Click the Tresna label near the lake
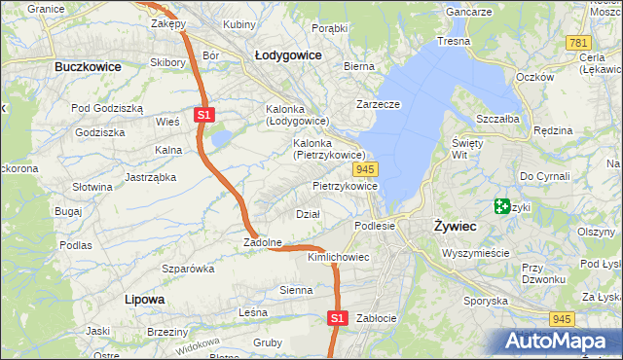pos(453,42)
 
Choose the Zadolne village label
pos(263,242)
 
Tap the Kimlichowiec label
pos(338,258)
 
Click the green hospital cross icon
pos(502,206)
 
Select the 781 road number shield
pos(579,43)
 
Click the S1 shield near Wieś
pos(202,115)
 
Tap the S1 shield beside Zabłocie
pos(336,317)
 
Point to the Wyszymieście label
pos(475,252)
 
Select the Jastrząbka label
pos(150,177)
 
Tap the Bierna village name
pos(358,66)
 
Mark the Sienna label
pos(296,290)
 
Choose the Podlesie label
pos(375,225)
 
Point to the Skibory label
pos(167,62)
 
